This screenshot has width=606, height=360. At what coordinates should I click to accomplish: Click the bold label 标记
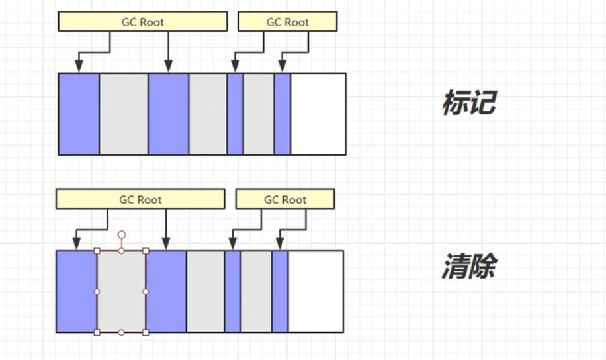[468, 105]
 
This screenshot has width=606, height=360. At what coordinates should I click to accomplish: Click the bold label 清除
[468, 267]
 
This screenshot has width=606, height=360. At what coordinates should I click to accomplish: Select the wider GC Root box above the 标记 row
[142, 22]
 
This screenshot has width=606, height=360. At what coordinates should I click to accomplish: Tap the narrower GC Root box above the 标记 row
[287, 22]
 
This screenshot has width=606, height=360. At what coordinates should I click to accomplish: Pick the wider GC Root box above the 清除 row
[140, 199]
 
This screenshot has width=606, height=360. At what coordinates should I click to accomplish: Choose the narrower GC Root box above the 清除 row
[285, 199]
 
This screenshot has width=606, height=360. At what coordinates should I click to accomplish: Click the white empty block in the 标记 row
[318, 114]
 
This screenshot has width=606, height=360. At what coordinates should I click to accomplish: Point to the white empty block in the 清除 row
[316, 291]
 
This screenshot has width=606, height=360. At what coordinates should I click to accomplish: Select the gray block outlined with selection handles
[121, 291]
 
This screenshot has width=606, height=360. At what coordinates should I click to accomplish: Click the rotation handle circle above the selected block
[122, 235]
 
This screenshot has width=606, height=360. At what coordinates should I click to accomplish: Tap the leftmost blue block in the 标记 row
[79, 114]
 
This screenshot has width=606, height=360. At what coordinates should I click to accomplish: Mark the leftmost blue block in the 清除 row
[76, 291]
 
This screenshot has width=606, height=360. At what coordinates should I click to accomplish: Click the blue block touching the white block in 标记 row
[282, 114]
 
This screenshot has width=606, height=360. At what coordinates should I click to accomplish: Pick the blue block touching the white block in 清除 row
[280, 291]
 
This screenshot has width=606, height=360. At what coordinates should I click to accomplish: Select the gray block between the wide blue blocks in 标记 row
[124, 114]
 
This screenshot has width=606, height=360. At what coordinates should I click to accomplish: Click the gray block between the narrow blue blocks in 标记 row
[259, 114]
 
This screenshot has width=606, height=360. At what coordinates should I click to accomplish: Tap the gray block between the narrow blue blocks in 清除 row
[256, 291]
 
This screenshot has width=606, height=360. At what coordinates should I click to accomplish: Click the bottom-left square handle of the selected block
[97, 332]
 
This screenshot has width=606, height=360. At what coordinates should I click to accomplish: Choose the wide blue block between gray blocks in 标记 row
[168, 114]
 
